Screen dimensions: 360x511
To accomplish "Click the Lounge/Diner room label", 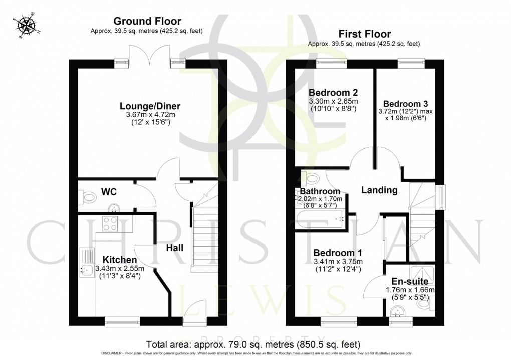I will (x=150, y=106).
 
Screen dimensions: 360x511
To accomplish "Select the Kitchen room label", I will (x=120, y=260).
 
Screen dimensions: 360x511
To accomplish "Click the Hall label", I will (x=175, y=248).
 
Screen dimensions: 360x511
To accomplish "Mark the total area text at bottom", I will (x=253, y=345).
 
